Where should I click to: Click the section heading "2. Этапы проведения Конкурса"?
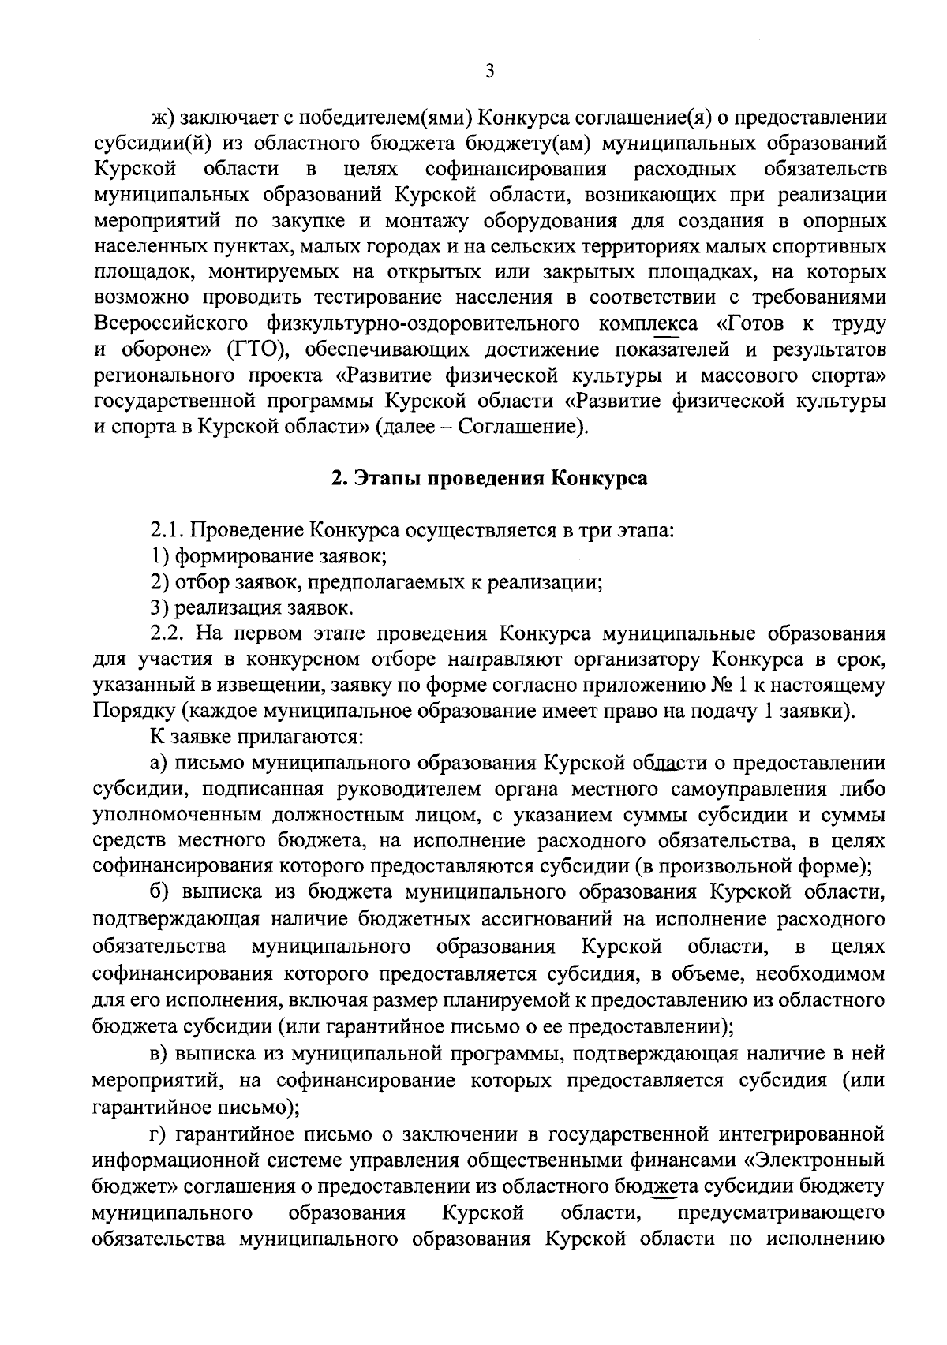pos(489,479)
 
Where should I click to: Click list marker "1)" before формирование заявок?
pos(160,556)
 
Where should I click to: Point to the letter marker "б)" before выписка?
pos(162,892)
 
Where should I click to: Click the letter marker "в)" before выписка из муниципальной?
pos(162,1054)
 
